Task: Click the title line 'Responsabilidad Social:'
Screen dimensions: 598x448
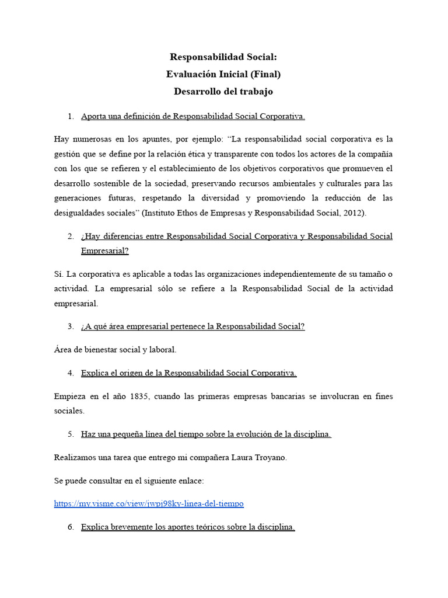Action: [223, 57]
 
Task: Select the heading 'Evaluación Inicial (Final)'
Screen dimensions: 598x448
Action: [223, 74]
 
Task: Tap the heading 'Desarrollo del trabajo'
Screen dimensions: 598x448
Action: [223, 92]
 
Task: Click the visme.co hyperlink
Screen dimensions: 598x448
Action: [149, 503]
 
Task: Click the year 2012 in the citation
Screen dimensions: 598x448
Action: [352, 213]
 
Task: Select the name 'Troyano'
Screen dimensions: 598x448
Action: [269, 457]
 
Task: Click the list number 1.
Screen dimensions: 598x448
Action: [71, 116]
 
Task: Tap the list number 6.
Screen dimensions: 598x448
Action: [71, 527]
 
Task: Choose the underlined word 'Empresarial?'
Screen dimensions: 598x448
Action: [105, 251]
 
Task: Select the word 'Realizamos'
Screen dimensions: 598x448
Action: [77, 457]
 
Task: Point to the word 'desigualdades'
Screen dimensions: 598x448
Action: [80, 213]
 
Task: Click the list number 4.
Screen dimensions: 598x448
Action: [71, 373]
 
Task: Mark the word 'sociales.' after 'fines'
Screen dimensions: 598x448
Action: [69, 411]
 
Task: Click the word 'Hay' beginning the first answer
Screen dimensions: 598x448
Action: [62, 139]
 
